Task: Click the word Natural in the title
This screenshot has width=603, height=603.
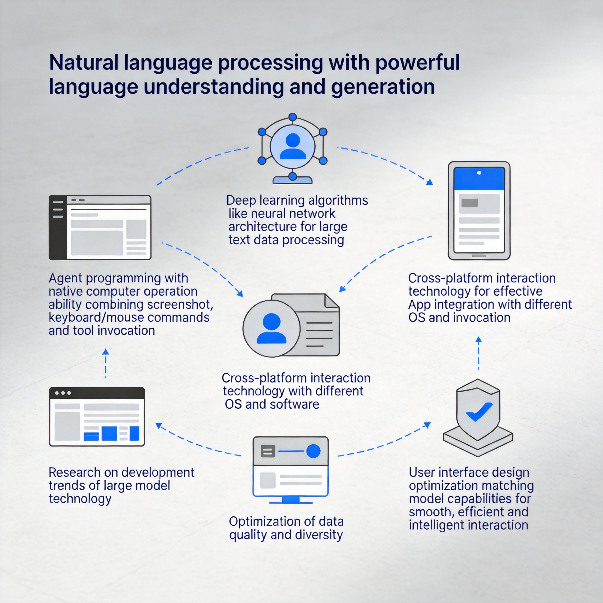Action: pyautogui.click(x=84, y=62)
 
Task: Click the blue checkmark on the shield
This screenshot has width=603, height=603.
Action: pyautogui.click(x=479, y=412)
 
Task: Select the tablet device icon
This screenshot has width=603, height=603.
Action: pyautogui.click(x=479, y=211)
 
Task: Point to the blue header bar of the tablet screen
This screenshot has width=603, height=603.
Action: pyautogui.click(x=479, y=179)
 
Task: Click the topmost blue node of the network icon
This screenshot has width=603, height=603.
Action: pyautogui.click(x=292, y=117)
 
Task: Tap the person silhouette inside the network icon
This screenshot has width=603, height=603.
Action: pyautogui.click(x=293, y=146)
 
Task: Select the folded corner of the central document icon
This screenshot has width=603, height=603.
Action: pyautogui.click(x=332, y=301)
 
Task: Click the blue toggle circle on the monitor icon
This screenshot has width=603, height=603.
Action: pyautogui.click(x=313, y=451)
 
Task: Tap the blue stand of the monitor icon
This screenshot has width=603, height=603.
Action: pyautogui.click(x=291, y=500)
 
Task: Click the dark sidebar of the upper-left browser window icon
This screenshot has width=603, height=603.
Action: pyautogui.click(x=58, y=228)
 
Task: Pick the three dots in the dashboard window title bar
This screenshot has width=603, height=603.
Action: pyautogui.click(x=63, y=393)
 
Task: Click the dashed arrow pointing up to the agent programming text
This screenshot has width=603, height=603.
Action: pyautogui.click(x=106, y=363)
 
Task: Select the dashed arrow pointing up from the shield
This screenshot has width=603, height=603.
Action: pyautogui.click(x=478, y=353)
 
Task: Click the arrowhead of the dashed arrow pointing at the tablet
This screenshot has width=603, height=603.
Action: pyautogui.click(x=430, y=182)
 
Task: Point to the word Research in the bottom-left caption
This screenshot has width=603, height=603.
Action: pyautogui.click(x=74, y=472)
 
